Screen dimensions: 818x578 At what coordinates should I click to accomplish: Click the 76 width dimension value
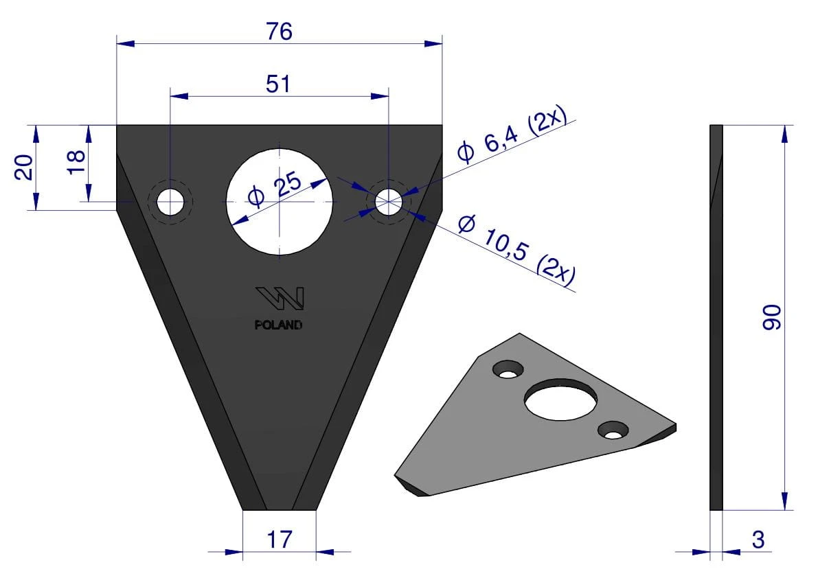(279, 32)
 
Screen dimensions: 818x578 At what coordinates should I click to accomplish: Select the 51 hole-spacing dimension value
(277, 83)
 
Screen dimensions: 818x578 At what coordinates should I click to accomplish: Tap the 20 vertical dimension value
(24, 167)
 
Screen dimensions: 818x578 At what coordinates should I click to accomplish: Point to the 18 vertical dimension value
(76, 161)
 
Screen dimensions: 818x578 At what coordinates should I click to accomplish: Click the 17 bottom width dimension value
(279, 540)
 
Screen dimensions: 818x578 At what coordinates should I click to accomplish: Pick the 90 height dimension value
(772, 317)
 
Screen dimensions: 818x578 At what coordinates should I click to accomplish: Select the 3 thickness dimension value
(758, 540)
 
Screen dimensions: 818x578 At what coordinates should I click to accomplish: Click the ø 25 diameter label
(275, 189)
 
